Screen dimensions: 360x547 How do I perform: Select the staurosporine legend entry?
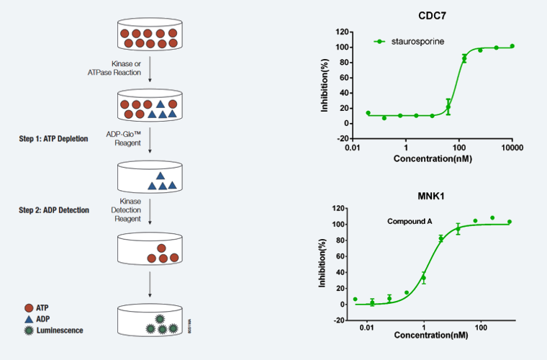[x=417, y=41]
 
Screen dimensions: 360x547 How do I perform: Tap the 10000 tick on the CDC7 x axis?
[x=511, y=148]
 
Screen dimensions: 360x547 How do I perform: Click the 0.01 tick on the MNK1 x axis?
[x=367, y=328]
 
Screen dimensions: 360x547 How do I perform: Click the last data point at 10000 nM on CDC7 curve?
[x=512, y=46]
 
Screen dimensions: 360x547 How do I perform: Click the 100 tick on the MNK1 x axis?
[x=482, y=328]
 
